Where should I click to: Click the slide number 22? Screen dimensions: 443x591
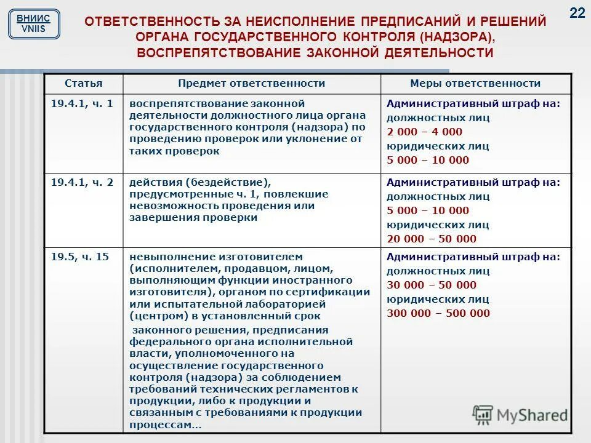(577, 14)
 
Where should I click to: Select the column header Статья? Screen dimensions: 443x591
(84, 83)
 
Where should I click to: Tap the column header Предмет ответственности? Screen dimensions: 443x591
(251, 83)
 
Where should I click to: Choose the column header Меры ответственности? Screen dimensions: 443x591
(475, 83)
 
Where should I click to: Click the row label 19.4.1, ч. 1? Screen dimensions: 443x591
(82, 104)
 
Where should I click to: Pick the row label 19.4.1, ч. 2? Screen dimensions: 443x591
(82, 183)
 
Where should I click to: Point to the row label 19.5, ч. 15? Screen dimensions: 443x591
(80, 257)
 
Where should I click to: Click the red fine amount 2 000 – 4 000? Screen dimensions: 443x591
(424, 132)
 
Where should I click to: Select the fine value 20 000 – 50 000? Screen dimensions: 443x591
(431, 239)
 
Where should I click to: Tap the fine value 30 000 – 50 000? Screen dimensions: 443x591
(431, 285)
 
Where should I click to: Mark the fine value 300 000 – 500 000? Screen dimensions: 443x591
(438, 313)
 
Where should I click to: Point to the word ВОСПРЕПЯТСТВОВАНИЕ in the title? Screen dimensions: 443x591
(217, 53)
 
